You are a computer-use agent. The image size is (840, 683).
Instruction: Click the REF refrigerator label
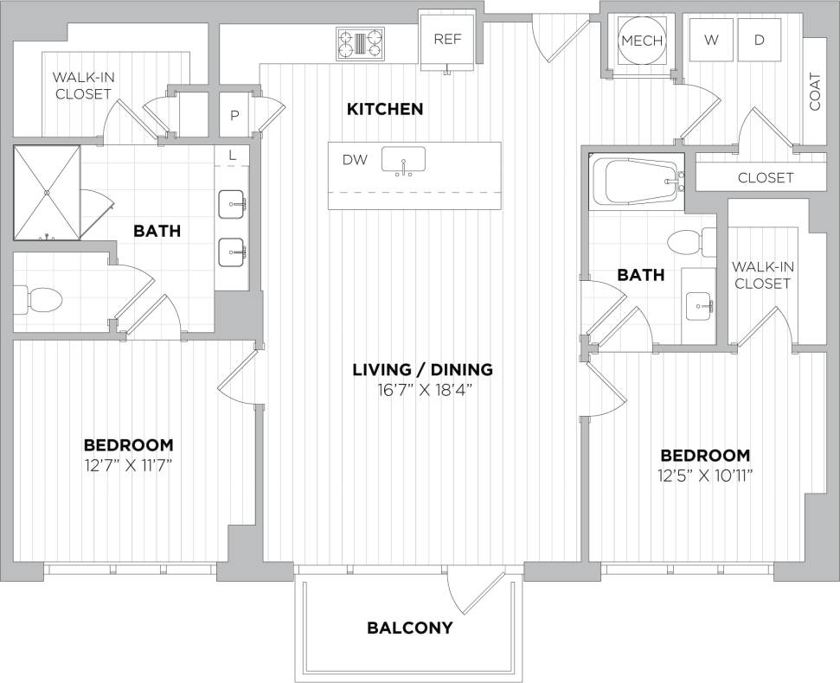pyautogui.click(x=446, y=39)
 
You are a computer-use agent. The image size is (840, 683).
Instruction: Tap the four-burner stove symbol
pyautogui.click(x=361, y=42)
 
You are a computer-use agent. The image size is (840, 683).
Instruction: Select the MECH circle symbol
pyautogui.click(x=642, y=41)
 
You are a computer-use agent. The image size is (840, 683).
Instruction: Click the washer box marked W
pyautogui.click(x=711, y=40)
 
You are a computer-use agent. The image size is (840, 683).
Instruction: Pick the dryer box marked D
pyautogui.click(x=759, y=40)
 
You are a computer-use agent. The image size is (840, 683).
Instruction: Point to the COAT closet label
pyautogui.click(x=815, y=91)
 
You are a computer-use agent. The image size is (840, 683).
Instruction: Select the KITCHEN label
pyautogui.click(x=385, y=109)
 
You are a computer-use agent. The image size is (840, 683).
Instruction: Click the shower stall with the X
pyautogui.click(x=46, y=192)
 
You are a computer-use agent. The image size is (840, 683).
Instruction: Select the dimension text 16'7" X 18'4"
pyautogui.click(x=422, y=390)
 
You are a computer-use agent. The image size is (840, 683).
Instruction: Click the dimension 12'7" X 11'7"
pyautogui.click(x=128, y=465)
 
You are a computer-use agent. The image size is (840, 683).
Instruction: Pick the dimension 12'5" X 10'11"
pyautogui.click(x=705, y=476)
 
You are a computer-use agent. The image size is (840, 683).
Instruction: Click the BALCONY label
pyautogui.click(x=409, y=628)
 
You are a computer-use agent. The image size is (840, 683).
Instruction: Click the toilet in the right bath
pyautogui.click(x=694, y=242)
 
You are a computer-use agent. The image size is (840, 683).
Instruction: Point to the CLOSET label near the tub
pyautogui.click(x=766, y=177)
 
